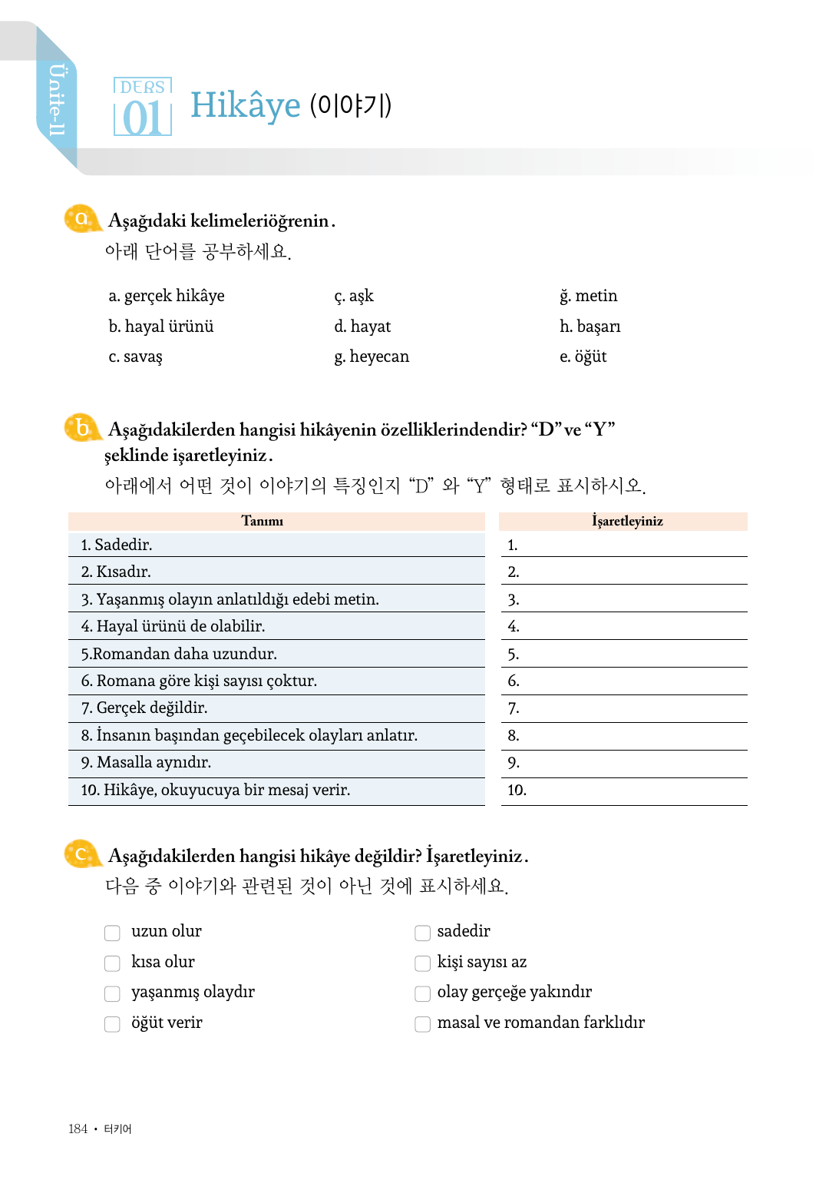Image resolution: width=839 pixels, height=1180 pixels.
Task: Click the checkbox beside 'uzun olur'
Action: pos(112,933)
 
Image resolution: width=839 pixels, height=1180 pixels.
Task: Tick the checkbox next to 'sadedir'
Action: pos(422,933)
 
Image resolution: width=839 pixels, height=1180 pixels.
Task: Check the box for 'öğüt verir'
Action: pos(112,1024)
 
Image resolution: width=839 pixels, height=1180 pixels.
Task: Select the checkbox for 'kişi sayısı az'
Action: pos(422,963)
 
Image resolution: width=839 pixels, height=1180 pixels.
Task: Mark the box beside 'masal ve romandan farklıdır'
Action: pos(422,1024)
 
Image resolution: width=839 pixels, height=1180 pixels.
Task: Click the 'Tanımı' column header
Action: pos(263,521)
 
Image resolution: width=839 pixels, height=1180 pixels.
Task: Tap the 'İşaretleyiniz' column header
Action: pos(627,521)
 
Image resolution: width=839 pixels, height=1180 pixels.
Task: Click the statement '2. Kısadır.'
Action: pos(116,572)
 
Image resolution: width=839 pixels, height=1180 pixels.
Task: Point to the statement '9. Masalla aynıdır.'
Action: pos(146,762)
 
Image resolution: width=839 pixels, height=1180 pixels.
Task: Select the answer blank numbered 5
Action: pos(626,654)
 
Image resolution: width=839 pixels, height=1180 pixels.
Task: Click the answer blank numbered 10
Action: pos(626,791)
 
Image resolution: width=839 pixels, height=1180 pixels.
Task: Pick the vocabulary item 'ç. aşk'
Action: pos(354,296)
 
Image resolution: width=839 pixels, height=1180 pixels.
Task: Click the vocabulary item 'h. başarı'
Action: pos(590,326)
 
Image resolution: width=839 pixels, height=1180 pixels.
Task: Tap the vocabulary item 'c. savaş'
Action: pos(135,356)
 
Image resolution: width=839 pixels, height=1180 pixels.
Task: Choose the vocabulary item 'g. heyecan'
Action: pos(372,356)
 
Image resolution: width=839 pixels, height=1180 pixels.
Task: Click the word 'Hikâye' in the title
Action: pos(246,105)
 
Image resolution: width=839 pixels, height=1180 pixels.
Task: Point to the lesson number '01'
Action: pos(142,118)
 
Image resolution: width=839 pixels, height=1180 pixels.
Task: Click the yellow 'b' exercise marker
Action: pos(82,429)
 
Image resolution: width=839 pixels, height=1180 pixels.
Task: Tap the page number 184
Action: pos(78,1129)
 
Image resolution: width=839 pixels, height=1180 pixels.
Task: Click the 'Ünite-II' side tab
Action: pos(57,100)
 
